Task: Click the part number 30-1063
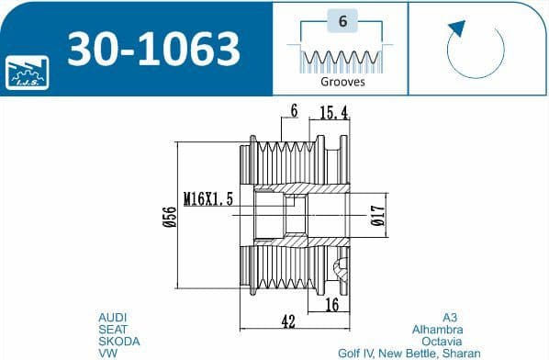pos(151,48)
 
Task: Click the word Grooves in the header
pos(342,82)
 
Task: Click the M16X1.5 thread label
pos(207,198)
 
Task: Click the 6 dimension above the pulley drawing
pos(294,112)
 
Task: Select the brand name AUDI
pos(113,317)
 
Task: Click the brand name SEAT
pos(113,329)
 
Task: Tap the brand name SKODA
pos(118,341)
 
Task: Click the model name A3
pos(449,317)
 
